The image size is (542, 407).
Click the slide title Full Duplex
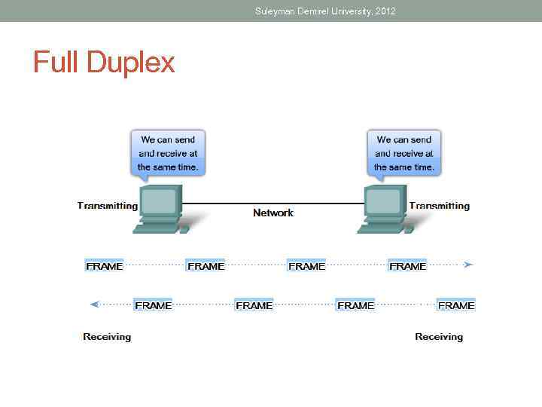coord(104,62)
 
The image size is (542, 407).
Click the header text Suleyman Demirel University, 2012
coord(325,11)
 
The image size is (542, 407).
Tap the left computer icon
coord(160,208)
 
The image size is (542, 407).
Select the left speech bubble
coord(168,153)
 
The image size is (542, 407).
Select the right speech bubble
coord(404,153)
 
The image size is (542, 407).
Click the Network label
coord(273,213)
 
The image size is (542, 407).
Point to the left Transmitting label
coord(108,206)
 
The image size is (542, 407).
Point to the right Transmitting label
coord(439,206)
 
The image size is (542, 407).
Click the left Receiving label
coord(107,337)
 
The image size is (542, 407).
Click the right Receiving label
coord(439,337)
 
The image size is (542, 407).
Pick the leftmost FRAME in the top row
coord(105,266)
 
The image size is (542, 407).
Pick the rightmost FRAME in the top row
coord(407,266)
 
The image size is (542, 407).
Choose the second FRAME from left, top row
coord(206,266)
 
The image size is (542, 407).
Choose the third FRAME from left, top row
coord(306,266)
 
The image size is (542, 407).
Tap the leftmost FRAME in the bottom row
coord(153,305)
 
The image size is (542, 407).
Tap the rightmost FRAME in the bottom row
coord(456,305)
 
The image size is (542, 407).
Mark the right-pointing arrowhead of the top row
coord(468,265)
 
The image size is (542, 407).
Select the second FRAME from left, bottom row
coord(254,305)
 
